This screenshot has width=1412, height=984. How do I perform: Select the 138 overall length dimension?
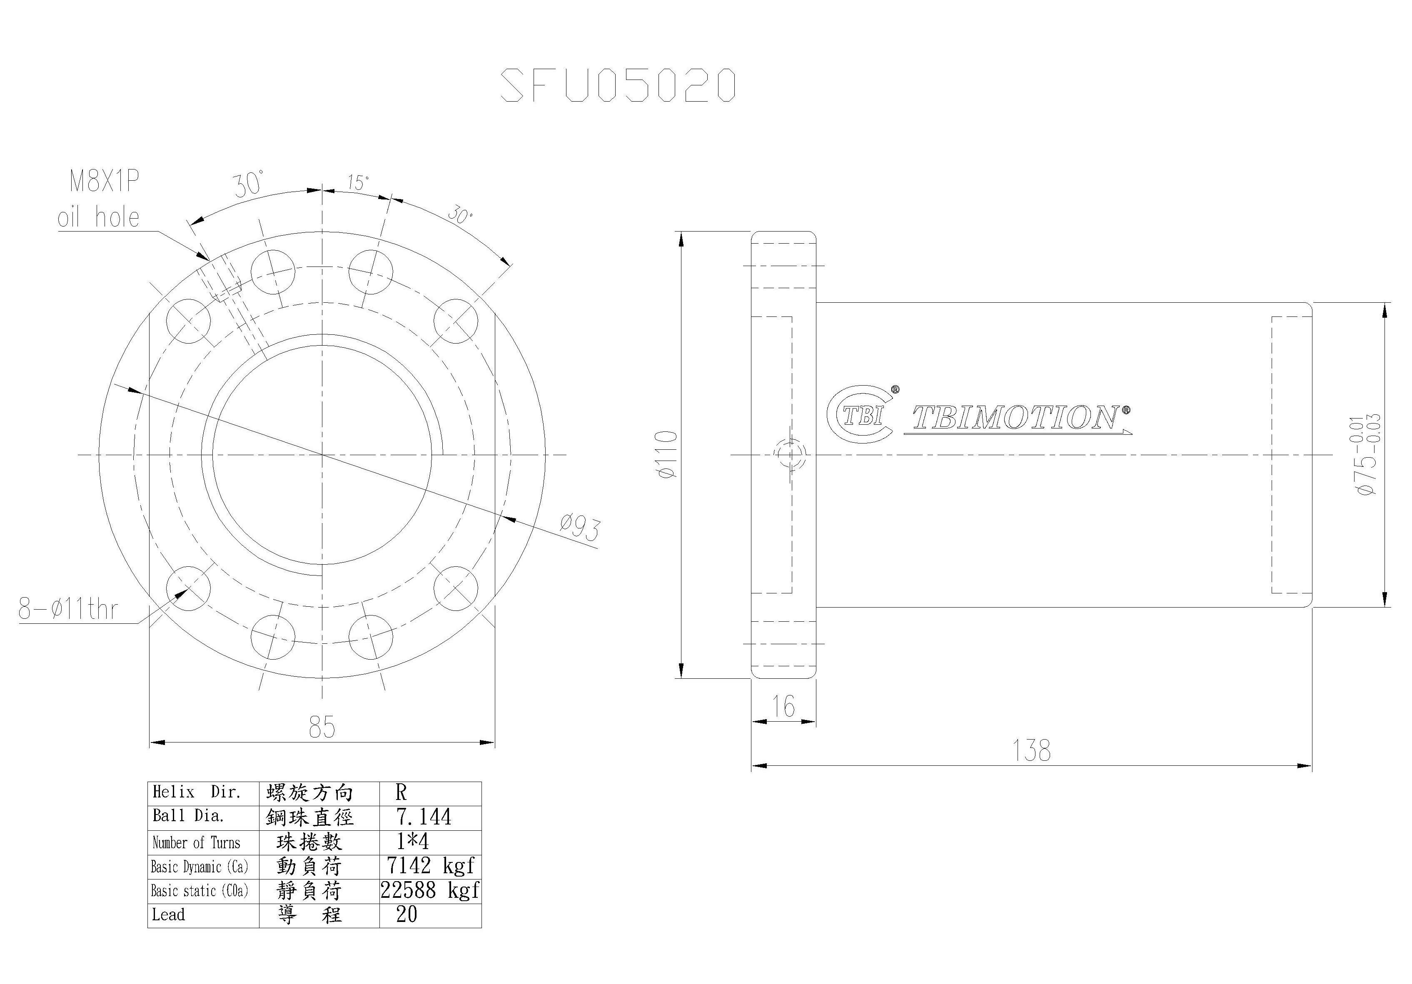tap(1031, 751)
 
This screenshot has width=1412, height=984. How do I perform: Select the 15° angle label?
tap(358, 183)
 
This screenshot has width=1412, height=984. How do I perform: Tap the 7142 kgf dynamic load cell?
tap(430, 866)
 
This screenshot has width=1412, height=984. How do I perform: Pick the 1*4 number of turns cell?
tap(413, 841)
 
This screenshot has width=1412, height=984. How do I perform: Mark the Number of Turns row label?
tap(197, 842)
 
